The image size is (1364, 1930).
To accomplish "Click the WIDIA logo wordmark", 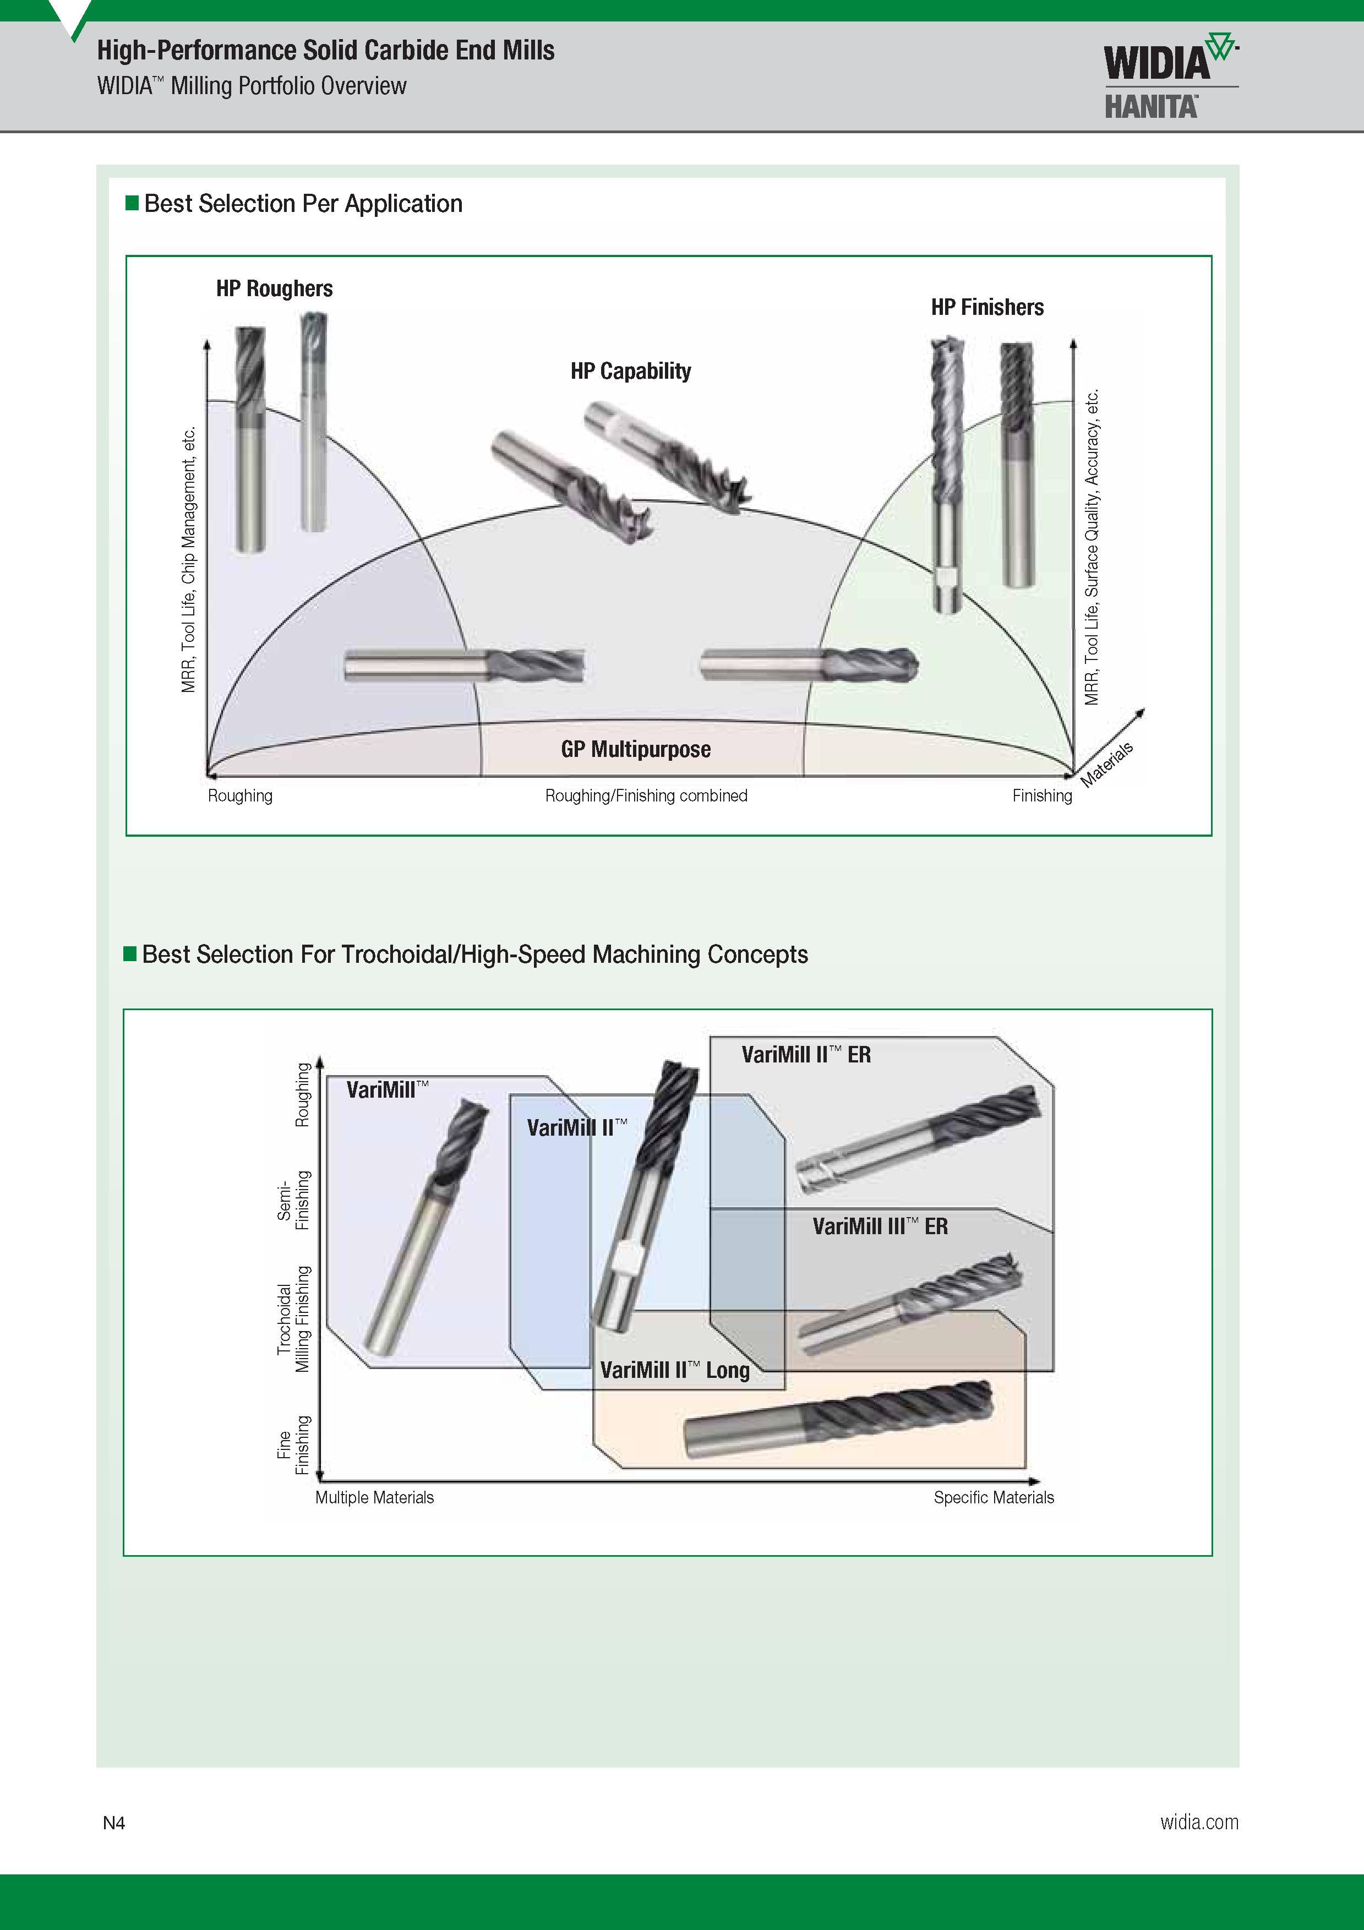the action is [1156, 62].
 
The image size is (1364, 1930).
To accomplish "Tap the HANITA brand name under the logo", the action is [1150, 107].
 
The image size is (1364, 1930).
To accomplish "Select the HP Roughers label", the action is [274, 288].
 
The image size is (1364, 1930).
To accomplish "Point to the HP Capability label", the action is [630, 370].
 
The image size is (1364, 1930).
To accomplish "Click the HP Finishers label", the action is [987, 307].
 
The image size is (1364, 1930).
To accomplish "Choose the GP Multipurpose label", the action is [636, 749].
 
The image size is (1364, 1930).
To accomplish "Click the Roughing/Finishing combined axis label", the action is [646, 795].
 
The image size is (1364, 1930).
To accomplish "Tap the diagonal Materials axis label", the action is [1107, 764].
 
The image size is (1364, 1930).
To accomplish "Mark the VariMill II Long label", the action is [675, 1370].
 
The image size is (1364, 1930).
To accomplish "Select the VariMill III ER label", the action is [880, 1226].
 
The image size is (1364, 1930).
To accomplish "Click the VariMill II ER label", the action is [806, 1054].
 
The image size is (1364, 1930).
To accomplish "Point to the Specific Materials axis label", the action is [994, 1497].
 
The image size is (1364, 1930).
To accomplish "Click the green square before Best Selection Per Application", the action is [132, 203].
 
